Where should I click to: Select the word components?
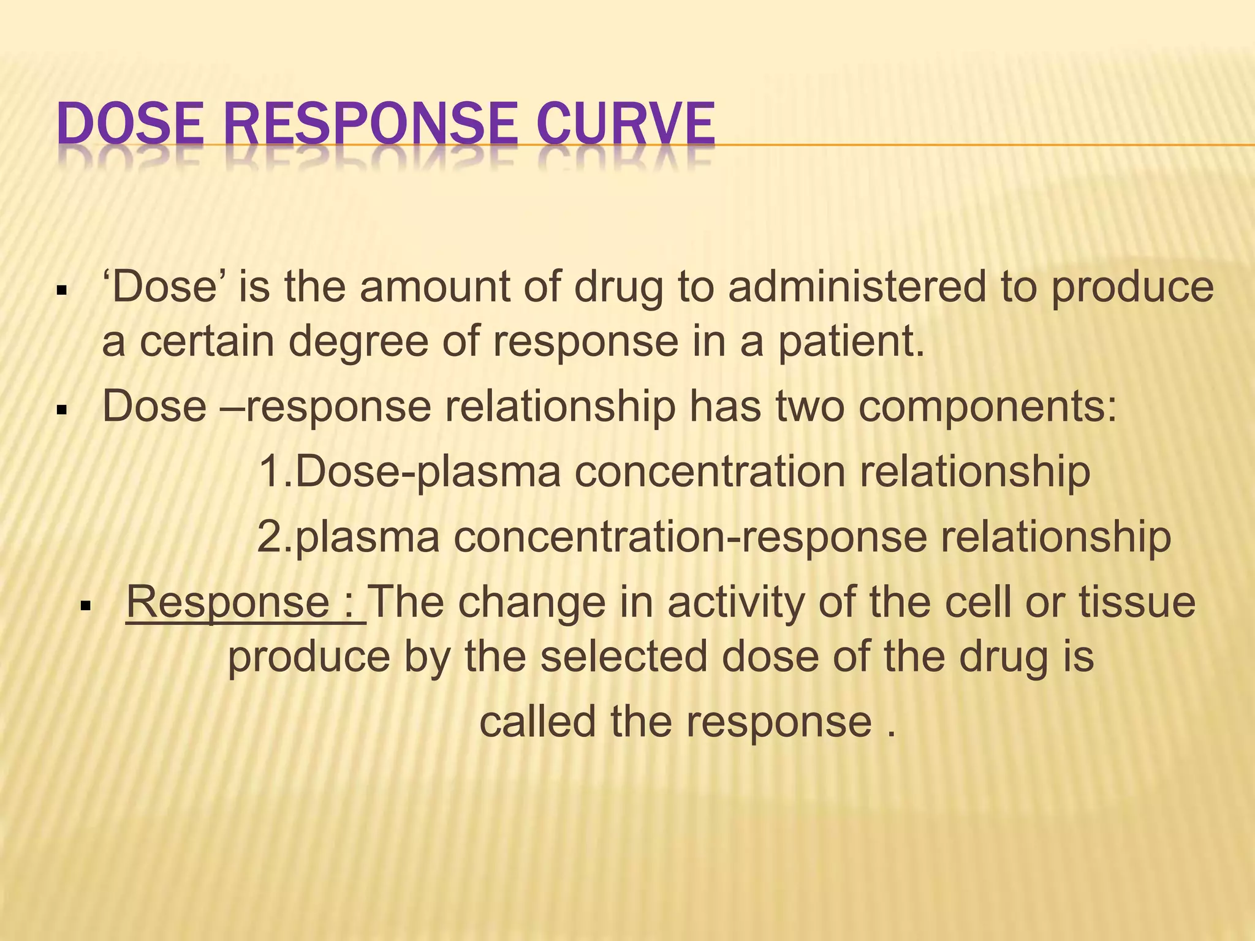point(987,407)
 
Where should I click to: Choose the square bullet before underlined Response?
point(85,605)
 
